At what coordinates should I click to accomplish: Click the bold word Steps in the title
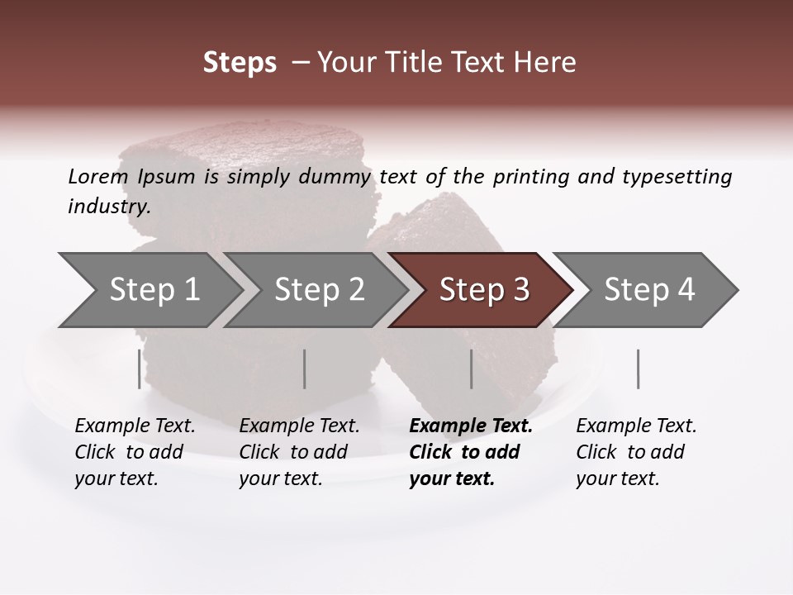240,62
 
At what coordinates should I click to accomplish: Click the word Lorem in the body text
98,176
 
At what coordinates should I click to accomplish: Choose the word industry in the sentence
108,206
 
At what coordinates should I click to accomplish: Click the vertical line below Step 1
140,369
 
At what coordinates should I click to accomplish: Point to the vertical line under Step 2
305,369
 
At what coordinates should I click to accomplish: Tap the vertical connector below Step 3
472,369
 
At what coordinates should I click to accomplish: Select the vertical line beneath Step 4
639,369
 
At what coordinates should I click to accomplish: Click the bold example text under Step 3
470,452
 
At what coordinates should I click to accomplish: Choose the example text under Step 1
135,452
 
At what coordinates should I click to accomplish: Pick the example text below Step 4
636,452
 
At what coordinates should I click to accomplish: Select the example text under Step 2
299,452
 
